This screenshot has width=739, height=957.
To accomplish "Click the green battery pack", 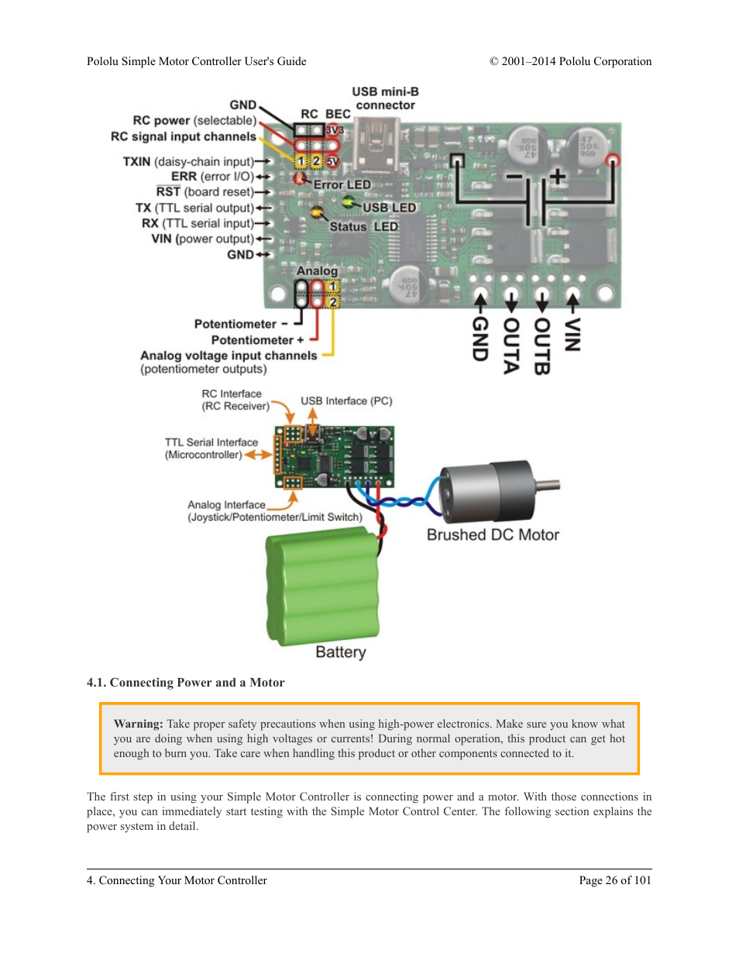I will coord(324,585).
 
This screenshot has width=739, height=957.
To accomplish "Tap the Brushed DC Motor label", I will coord(493,535).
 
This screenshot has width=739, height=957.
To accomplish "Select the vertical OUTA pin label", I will coord(511,346).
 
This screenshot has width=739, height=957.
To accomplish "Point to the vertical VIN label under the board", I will coord(572,335).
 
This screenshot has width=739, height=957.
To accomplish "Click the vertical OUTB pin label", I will coord(541,346).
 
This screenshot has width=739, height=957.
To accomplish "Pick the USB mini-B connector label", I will coord(386,98).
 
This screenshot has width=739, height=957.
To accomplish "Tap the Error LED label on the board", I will coord(342,184).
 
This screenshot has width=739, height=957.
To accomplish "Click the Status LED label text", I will coord(363,226).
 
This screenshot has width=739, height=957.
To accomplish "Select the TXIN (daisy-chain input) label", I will coord(188,161).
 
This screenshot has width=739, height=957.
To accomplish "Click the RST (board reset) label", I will coord(205,191).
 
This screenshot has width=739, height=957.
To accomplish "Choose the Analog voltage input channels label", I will coord(229,355).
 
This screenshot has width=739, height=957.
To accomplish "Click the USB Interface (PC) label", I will coord(346,401).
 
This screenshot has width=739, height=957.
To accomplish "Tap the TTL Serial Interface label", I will coord(211,442).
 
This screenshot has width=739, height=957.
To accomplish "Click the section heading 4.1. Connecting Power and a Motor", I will coord(185,683).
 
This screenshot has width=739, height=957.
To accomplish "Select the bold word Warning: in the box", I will coord(138,724).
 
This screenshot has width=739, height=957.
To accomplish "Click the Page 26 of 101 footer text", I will coord(614,880).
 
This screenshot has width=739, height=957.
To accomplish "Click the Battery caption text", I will coord(340,652).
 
